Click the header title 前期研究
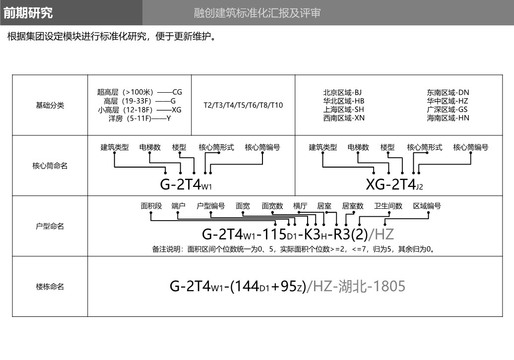click(28, 13)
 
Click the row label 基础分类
click(50, 106)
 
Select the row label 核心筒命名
click(50, 166)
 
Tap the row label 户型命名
click(50, 226)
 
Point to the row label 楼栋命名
click(50, 287)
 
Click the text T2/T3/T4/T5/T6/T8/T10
click(243, 105)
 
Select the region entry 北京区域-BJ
click(342, 93)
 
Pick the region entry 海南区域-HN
click(448, 118)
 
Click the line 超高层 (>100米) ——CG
click(139, 92)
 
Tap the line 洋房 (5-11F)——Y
click(139, 118)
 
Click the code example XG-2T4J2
click(394, 184)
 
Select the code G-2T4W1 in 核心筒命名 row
click(186, 184)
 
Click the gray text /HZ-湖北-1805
click(356, 286)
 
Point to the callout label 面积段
click(151, 206)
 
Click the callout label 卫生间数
click(388, 206)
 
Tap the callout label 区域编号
click(427, 206)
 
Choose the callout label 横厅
click(300, 206)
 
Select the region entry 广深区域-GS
click(447, 110)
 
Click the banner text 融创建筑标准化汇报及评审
click(257, 13)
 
